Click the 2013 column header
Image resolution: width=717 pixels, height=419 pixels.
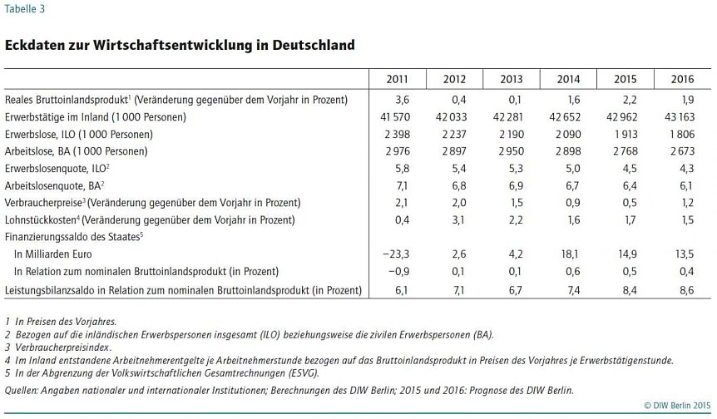pyautogui.click(x=512, y=79)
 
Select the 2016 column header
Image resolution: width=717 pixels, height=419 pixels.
pyautogui.click(x=682, y=79)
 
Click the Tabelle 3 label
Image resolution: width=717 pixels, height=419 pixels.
pyautogui.click(x=25, y=8)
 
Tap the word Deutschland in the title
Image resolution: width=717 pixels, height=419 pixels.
pyautogui.click(x=314, y=45)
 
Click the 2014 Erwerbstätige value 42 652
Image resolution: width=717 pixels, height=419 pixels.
pyautogui.click(x=565, y=117)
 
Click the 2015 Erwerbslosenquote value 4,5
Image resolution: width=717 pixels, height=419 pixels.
pyautogui.click(x=630, y=169)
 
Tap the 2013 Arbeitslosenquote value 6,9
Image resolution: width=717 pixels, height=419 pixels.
pyautogui.click(x=516, y=186)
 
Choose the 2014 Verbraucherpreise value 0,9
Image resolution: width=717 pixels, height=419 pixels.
pyautogui.click(x=573, y=203)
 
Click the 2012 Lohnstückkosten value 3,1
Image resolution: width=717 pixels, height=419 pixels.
pyautogui.click(x=458, y=220)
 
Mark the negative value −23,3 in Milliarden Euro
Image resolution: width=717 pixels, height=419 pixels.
pyautogui.click(x=396, y=254)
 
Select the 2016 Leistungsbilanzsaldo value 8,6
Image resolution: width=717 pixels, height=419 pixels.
pyautogui.click(x=687, y=290)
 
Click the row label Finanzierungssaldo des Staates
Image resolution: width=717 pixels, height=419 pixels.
pyautogui.click(x=74, y=237)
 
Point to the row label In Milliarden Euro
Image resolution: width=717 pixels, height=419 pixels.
pyautogui.click(x=53, y=254)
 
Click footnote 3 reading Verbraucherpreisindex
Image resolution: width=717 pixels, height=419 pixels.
pyautogui.click(x=58, y=348)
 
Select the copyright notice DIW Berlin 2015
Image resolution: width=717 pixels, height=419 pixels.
pyautogui.click(x=677, y=406)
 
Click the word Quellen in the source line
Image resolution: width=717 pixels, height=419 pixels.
pyautogui.click(x=21, y=391)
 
